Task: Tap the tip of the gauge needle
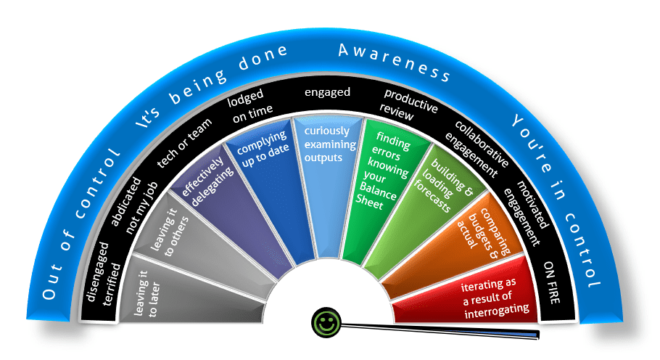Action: tap(540, 335)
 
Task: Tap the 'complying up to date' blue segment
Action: tap(262, 168)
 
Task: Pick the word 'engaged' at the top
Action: tap(327, 92)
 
